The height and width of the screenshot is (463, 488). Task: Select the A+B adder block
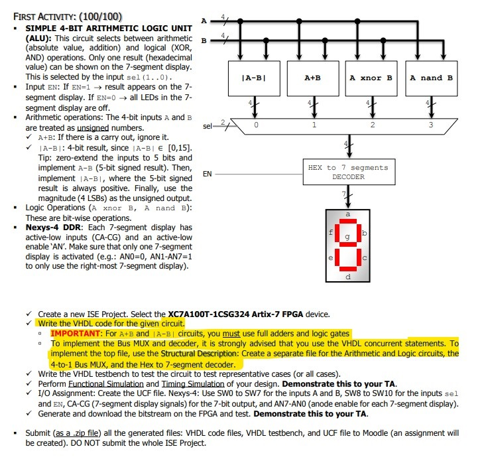pyautogui.click(x=312, y=78)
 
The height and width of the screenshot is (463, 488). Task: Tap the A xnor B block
pyautogui.click(x=371, y=78)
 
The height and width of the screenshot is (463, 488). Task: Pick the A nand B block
pyautogui.click(x=431, y=78)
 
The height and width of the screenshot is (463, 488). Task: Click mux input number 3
pyautogui.click(x=431, y=124)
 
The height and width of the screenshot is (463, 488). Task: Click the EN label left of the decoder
pyautogui.click(x=207, y=174)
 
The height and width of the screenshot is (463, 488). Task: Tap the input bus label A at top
pyautogui.click(x=203, y=21)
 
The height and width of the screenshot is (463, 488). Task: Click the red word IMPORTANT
pyautogui.click(x=76, y=333)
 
